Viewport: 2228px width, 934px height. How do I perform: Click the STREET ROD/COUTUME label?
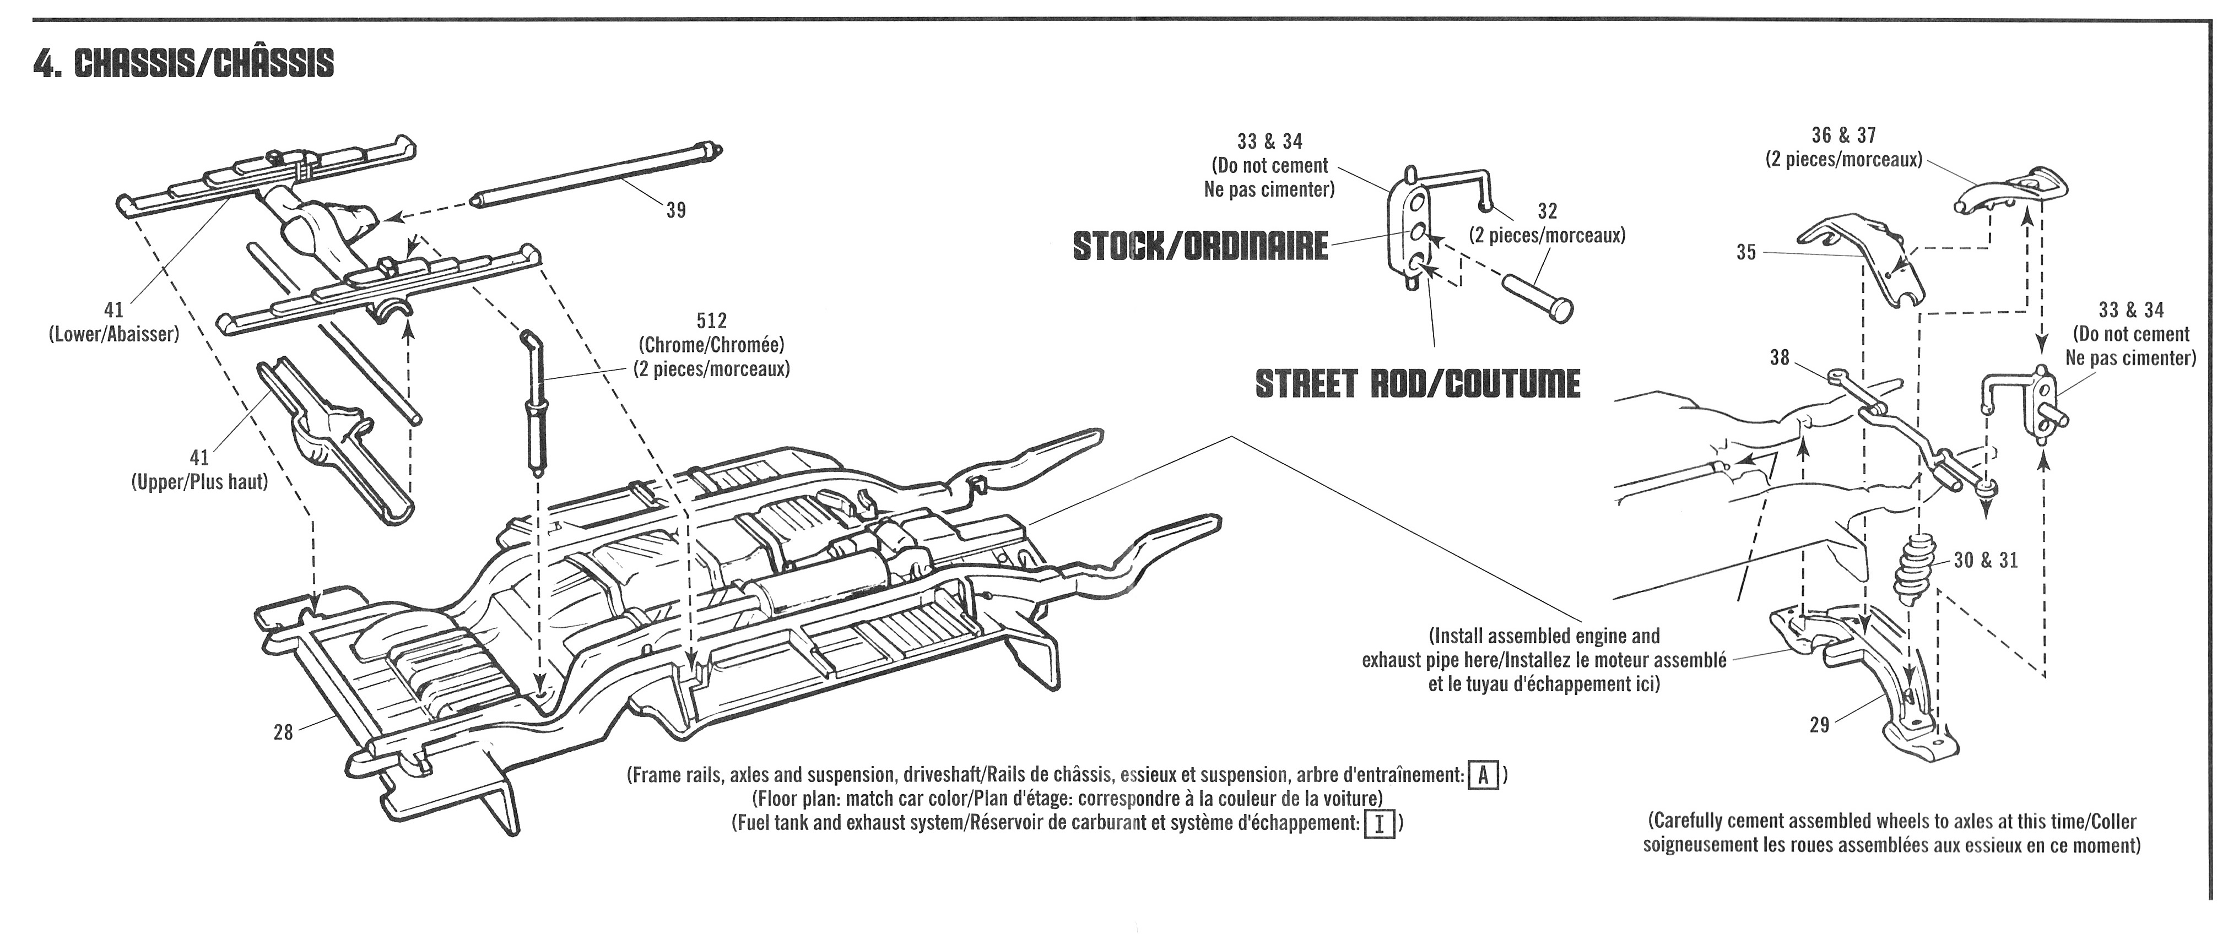(x=1418, y=383)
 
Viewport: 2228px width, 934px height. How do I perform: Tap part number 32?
(x=1548, y=210)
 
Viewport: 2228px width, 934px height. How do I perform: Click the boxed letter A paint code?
(x=1483, y=775)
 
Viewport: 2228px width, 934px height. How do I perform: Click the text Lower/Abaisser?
(x=113, y=334)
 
